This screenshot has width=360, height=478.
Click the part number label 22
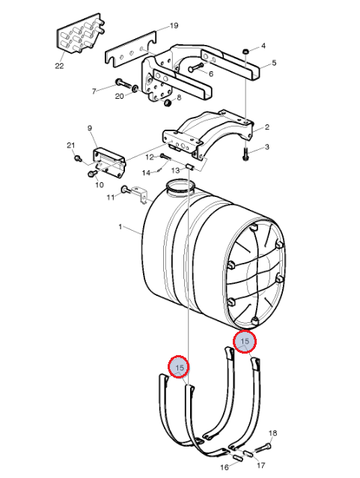tap(59, 65)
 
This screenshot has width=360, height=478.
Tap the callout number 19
tap(174, 25)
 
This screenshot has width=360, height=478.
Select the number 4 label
tap(263, 46)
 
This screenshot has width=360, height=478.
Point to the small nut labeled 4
tap(246, 51)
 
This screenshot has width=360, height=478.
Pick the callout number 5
tap(274, 63)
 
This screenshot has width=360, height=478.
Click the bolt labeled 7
tap(123, 83)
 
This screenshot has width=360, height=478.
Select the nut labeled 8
tap(168, 103)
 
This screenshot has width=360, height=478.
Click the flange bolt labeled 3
tap(245, 154)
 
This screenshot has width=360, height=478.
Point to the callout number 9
tap(90, 128)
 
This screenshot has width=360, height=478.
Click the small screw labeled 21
tap(78, 158)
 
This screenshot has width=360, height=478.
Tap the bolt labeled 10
tap(92, 174)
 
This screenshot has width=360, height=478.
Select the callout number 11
tap(111, 198)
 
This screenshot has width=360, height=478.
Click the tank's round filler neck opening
tap(180, 187)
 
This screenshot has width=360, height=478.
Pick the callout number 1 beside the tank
tap(120, 227)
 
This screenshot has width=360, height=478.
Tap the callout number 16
tap(225, 468)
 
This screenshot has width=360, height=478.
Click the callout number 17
tap(260, 465)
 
